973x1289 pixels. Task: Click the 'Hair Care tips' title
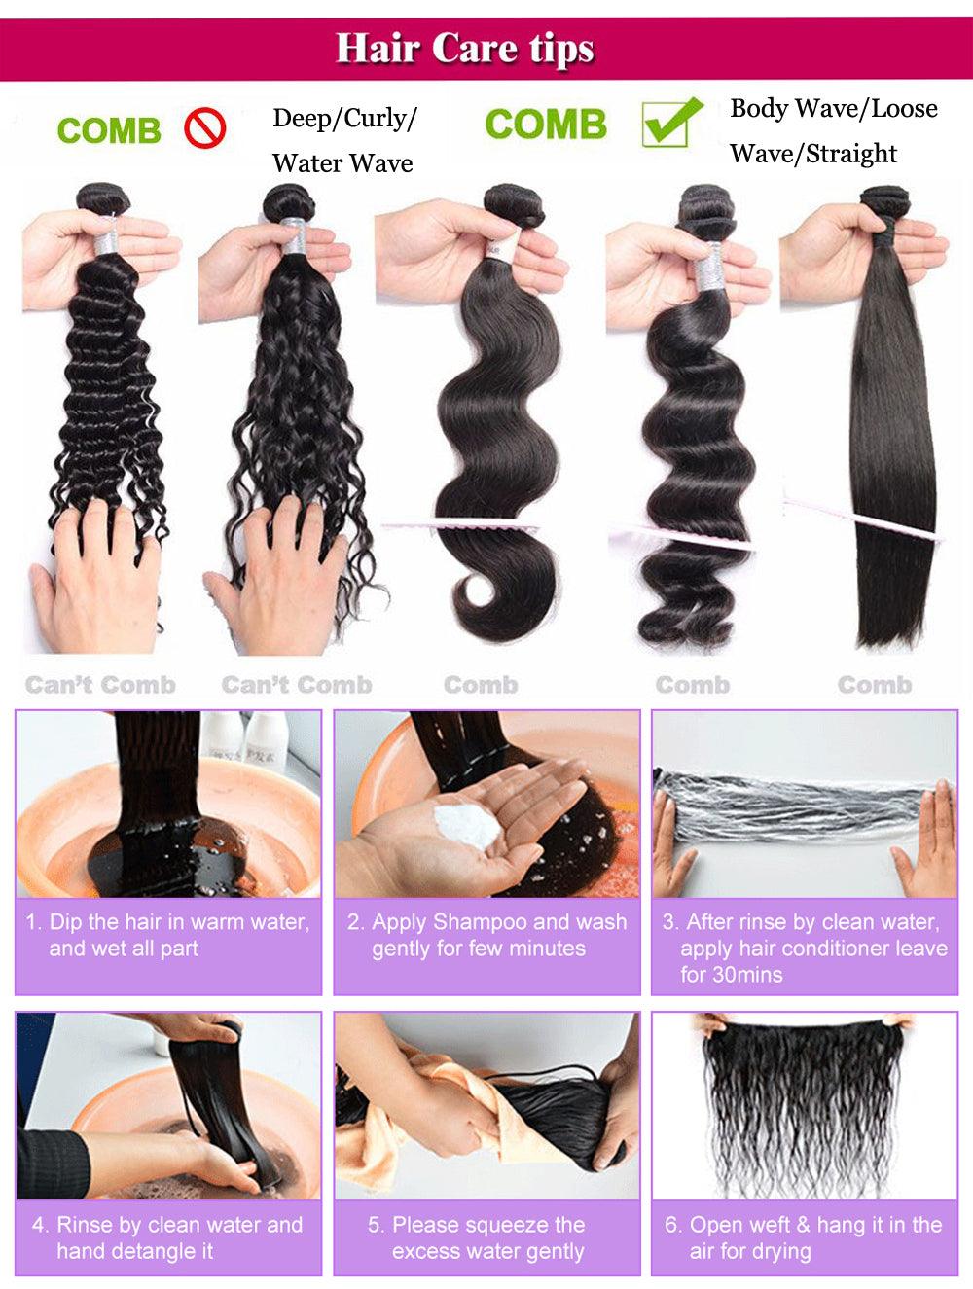pos(465,49)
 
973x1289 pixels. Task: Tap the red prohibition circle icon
pos(205,128)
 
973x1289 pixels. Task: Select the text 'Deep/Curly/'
pos(344,119)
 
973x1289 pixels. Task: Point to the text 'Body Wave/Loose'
pos(834,108)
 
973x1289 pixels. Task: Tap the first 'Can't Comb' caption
pos(100,685)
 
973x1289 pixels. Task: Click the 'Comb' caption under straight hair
pos(874,685)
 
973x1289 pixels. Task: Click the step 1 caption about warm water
pos(167,935)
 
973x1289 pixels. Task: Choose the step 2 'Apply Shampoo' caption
pos(486,935)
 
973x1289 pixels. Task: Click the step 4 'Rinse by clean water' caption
pos(167,1237)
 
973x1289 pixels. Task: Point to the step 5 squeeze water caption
pos(486,1237)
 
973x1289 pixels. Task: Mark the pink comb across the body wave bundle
pos(457,526)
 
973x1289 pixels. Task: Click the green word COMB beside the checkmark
pos(545,125)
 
